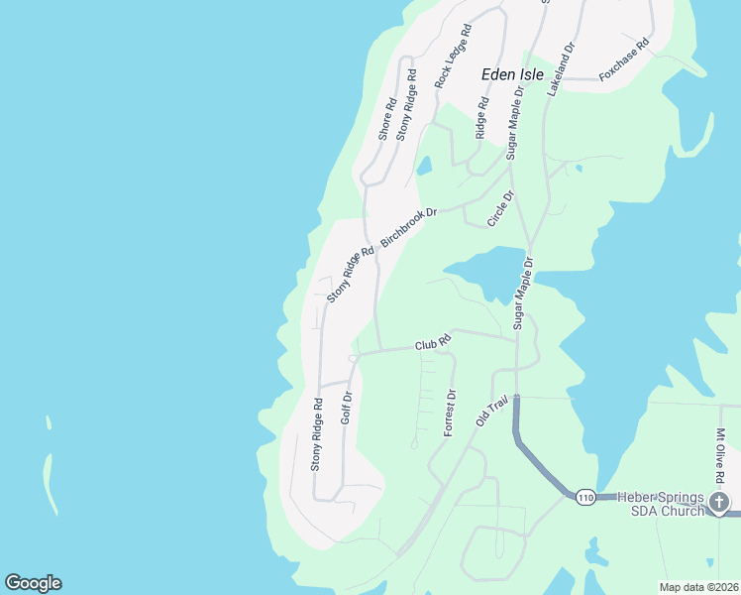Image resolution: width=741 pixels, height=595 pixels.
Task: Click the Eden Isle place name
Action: pos(513,74)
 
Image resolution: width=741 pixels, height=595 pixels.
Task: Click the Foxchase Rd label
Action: pos(624,59)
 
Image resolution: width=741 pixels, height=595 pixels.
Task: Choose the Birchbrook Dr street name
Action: pos(423,226)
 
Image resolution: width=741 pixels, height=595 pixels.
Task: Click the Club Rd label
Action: pos(433,343)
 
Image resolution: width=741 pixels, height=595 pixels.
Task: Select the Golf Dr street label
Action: pos(347,408)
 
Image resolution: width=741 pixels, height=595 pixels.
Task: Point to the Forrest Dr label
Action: pos(449,414)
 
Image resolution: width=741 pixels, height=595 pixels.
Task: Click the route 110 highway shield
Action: pos(584,497)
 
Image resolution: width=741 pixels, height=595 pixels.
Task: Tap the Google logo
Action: pos(33,583)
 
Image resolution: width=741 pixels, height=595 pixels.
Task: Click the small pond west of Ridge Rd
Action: pos(424,166)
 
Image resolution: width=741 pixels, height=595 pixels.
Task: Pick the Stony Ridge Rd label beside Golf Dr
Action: pos(317,433)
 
